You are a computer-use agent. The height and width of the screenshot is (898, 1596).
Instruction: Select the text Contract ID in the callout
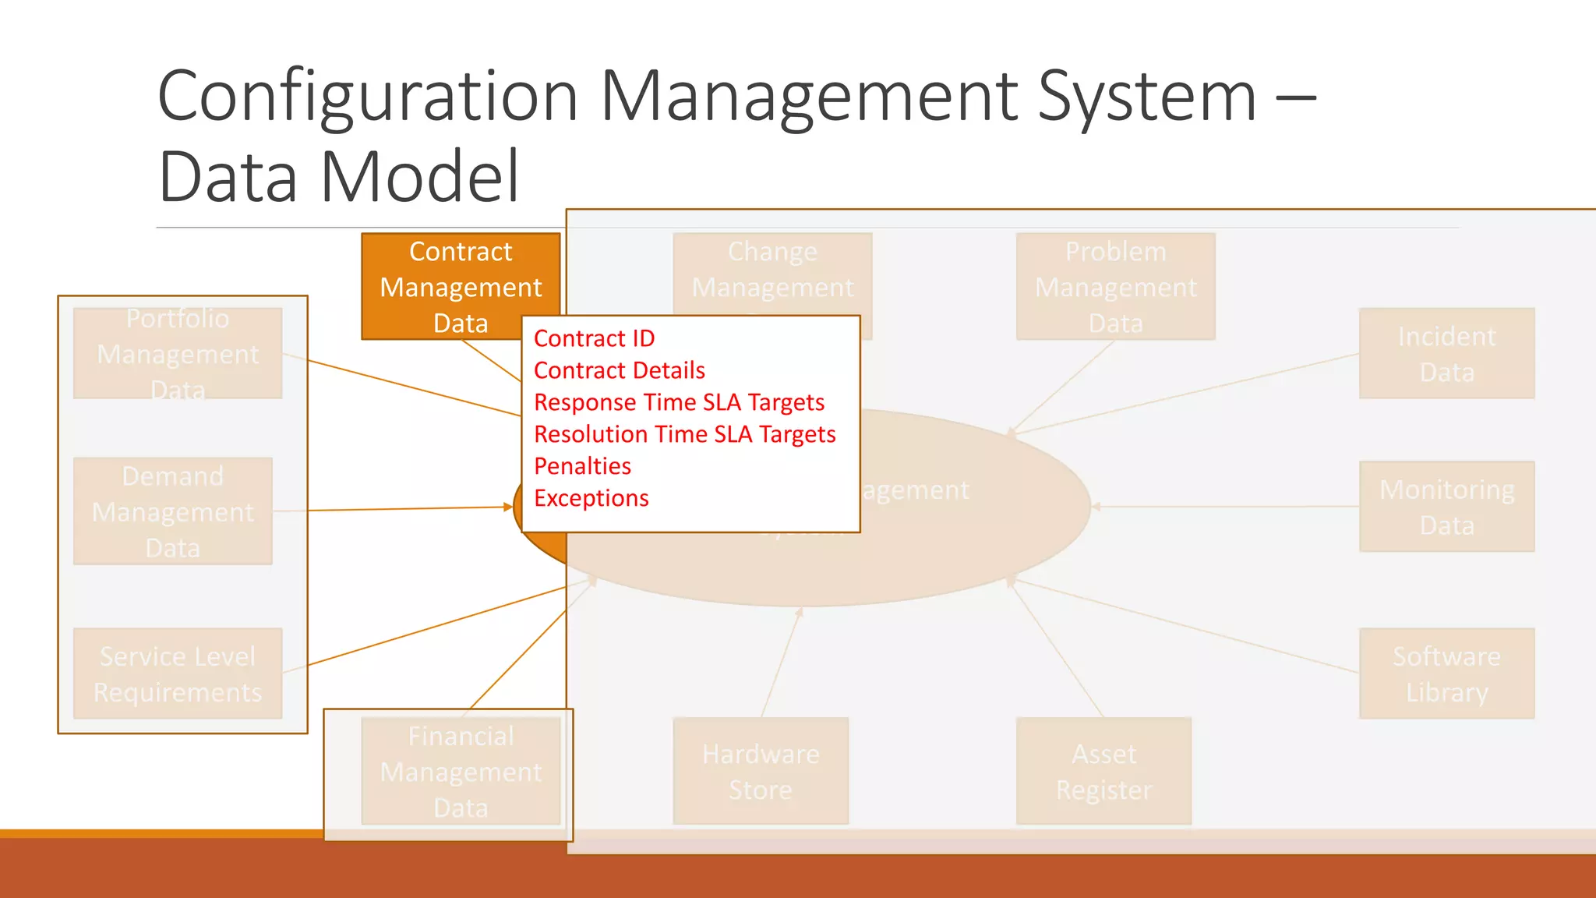pyautogui.click(x=594, y=338)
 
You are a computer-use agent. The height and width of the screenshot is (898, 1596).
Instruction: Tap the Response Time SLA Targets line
pyautogui.click(x=679, y=402)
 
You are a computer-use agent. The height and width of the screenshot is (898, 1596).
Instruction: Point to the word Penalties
pyautogui.click(x=582, y=466)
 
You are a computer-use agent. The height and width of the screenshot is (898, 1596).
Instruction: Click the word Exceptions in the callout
pyautogui.click(x=591, y=498)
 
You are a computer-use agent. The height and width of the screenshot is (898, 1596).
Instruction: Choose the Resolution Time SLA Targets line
pyautogui.click(x=684, y=434)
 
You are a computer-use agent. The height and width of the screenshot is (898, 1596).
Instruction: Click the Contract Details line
pyautogui.click(x=619, y=370)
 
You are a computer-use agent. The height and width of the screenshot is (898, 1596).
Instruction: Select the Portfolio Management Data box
pyautogui.click(x=178, y=353)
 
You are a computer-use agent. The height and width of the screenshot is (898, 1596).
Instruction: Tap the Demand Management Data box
pyautogui.click(x=172, y=511)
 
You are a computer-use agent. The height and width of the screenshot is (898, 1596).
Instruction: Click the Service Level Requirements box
pyautogui.click(x=178, y=673)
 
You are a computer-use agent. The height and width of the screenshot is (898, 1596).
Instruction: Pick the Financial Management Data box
pyautogui.click(x=461, y=771)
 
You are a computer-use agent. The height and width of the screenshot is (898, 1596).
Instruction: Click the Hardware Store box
pyautogui.click(x=761, y=771)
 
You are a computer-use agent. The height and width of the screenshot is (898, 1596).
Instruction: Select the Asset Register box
pyautogui.click(x=1103, y=771)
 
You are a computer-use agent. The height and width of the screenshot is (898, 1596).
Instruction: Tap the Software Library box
pyautogui.click(x=1446, y=673)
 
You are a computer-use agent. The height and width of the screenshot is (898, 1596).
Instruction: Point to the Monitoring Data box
pyautogui.click(x=1446, y=507)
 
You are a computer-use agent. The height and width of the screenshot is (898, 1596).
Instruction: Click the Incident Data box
pyautogui.click(x=1446, y=353)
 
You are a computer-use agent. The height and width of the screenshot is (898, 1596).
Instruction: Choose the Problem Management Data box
pyautogui.click(x=1115, y=286)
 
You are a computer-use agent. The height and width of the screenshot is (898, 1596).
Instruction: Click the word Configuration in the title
pyautogui.click(x=367, y=97)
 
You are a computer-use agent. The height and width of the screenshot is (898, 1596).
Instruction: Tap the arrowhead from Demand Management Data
pyautogui.click(x=508, y=507)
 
